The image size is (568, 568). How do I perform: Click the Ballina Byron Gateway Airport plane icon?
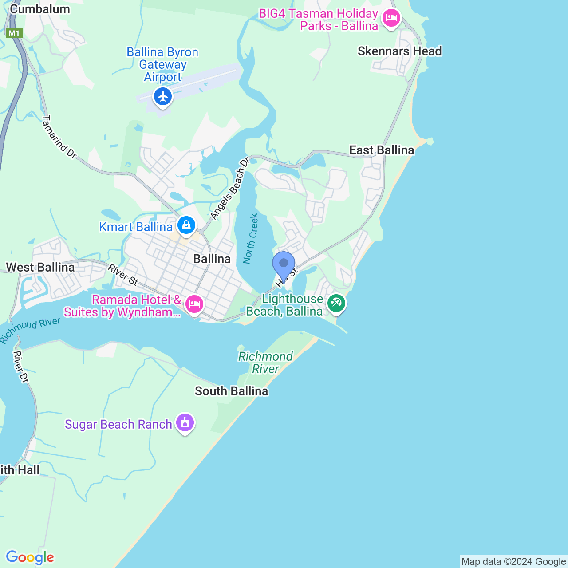point(163,96)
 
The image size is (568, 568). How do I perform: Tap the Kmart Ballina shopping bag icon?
point(186,225)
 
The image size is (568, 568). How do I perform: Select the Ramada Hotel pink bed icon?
point(194,304)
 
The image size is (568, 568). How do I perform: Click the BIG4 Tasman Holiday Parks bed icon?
point(391,18)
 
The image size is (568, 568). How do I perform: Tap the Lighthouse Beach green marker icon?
point(336,304)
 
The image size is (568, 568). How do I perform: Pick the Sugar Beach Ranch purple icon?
point(185,422)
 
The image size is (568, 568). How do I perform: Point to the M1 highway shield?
point(14,33)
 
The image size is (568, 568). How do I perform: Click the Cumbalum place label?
point(40,9)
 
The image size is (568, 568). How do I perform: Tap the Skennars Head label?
point(399,51)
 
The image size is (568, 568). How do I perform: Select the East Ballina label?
point(382,150)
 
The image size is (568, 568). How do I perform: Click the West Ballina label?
point(40,267)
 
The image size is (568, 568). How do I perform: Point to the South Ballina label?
point(232,391)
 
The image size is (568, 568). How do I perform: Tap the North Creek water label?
point(251,239)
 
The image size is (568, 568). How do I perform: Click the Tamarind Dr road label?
point(59,137)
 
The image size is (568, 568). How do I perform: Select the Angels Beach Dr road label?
point(230,189)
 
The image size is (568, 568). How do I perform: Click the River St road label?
point(123,274)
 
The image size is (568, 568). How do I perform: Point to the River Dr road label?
point(20,367)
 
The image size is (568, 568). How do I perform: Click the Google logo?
point(30,557)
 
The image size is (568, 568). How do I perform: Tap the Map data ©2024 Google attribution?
point(513,562)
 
